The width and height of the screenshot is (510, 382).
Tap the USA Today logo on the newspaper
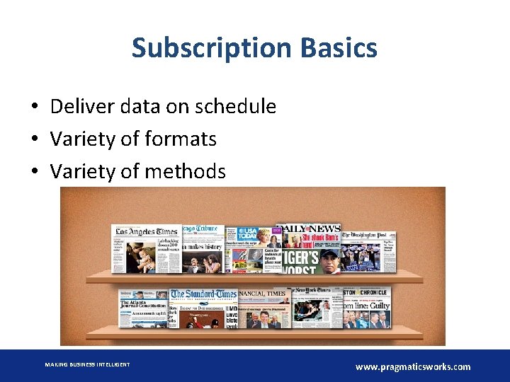click(248, 233)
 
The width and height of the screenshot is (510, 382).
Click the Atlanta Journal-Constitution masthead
click(143, 303)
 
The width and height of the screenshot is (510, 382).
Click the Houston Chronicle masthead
click(365, 293)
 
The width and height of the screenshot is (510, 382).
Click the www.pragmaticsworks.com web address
click(412, 366)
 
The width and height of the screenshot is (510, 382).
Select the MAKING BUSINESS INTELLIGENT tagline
click(87, 364)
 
